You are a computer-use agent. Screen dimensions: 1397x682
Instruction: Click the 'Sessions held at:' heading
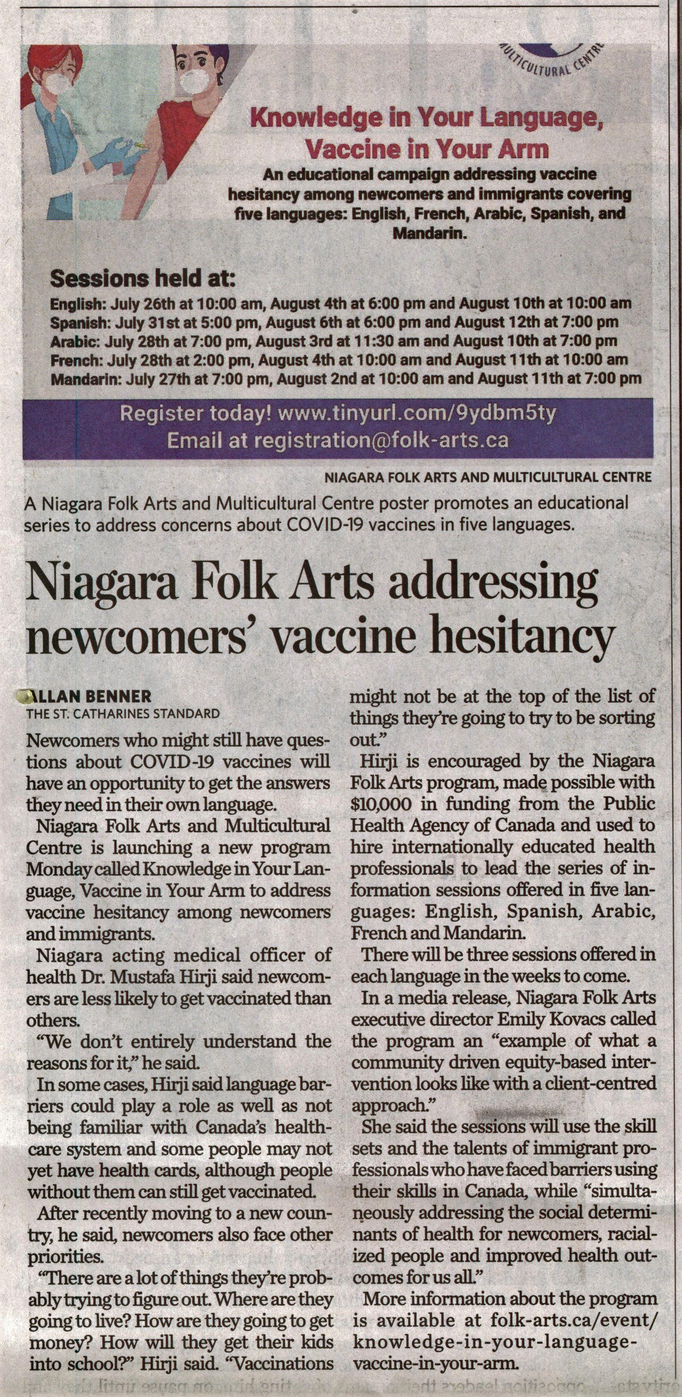click(142, 279)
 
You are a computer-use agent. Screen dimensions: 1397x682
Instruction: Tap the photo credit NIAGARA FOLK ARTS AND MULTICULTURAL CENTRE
click(487, 478)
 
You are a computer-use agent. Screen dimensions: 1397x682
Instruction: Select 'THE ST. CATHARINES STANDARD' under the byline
click(124, 714)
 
